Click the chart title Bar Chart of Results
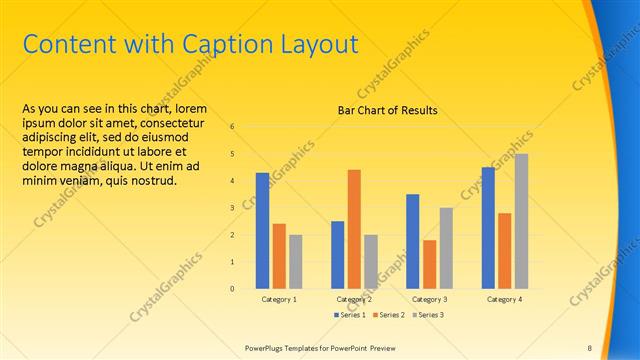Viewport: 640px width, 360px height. click(x=387, y=110)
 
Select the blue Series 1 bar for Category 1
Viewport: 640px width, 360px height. click(x=262, y=230)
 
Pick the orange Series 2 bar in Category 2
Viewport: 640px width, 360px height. click(x=354, y=229)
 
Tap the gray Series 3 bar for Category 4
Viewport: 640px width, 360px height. click(x=521, y=221)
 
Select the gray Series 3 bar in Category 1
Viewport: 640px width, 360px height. click(x=295, y=261)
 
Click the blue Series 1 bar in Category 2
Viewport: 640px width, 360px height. click(x=337, y=255)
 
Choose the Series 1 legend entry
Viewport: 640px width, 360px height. click(x=350, y=315)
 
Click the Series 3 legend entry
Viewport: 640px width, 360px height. click(x=429, y=315)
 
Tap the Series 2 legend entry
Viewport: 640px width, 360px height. click(x=390, y=315)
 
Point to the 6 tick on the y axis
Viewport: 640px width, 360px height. click(x=231, y=127)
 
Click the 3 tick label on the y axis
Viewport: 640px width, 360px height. click(x=231, y=208)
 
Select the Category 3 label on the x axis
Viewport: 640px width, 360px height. click(x=429, y=299)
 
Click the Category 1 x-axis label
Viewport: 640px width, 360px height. click(x=279, y=299)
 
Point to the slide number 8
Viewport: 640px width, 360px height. click(x=589, y=347)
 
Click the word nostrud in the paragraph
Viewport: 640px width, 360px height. click(x=156, y=181)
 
